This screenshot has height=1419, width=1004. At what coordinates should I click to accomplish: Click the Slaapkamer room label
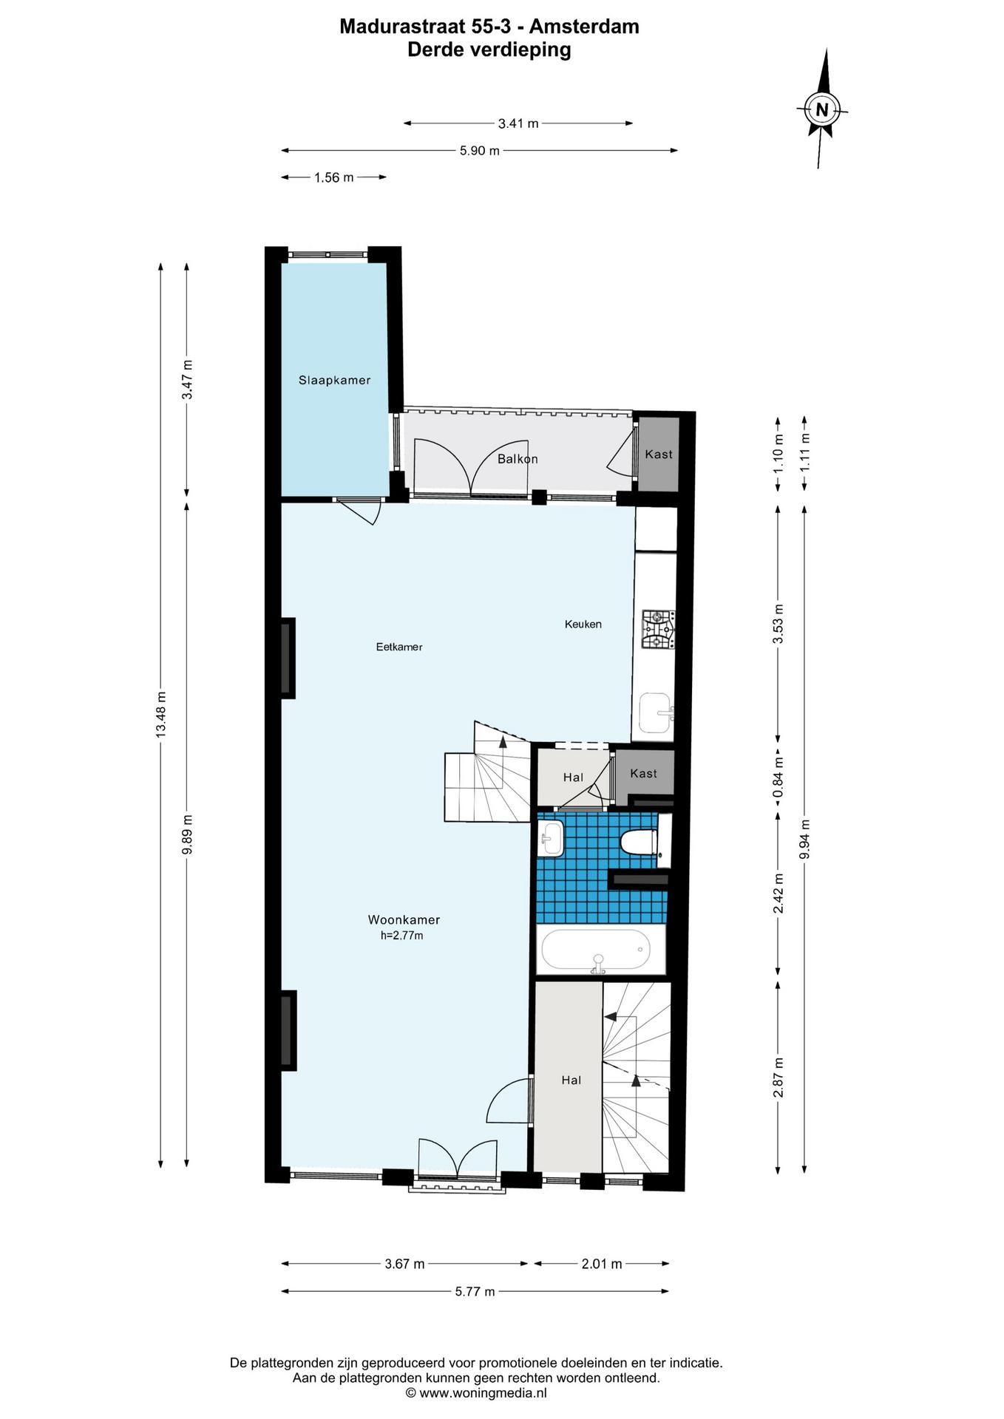334,381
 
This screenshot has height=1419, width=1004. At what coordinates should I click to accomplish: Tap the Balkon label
518,459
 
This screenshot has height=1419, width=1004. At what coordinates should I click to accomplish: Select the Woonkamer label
404,920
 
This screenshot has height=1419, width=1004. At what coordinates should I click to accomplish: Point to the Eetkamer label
399,647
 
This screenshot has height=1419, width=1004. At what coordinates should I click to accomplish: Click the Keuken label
583,624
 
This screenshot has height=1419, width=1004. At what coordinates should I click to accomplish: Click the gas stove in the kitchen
657,630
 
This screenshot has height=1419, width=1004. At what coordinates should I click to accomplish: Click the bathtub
596,950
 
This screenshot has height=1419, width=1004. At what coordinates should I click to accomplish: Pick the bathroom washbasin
552,838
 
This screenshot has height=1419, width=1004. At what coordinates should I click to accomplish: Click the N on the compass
821,110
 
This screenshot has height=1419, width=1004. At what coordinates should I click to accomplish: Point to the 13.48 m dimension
161,715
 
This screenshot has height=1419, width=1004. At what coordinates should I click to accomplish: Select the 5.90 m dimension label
480,151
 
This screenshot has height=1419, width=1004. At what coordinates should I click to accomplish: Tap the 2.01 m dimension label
602,1264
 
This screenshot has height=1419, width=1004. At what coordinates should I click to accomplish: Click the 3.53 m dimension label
778,624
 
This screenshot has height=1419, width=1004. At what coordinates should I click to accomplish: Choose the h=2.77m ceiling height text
402,936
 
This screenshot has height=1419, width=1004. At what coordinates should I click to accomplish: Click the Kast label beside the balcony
659,454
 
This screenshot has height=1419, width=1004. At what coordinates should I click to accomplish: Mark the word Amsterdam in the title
584,27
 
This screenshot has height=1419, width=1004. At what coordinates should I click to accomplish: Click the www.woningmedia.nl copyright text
476,1393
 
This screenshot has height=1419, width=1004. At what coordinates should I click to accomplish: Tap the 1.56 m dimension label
334,177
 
